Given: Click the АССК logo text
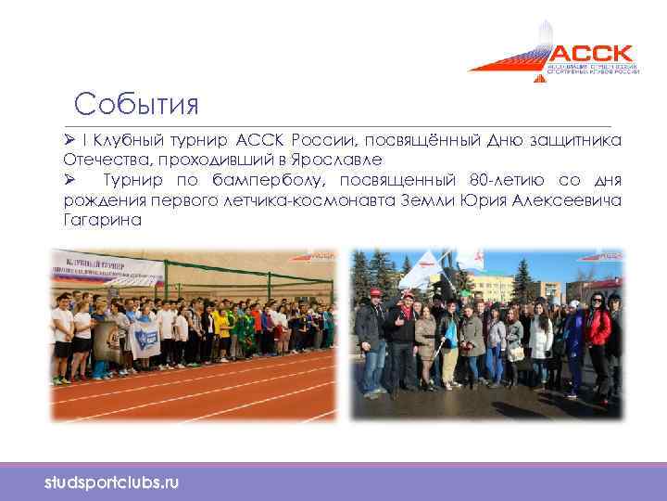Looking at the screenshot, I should coord(593,52).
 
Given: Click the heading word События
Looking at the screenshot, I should coord(137,103).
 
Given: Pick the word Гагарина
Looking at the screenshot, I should coord(103,220).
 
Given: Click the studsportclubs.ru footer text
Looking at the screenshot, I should coord(112,483).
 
